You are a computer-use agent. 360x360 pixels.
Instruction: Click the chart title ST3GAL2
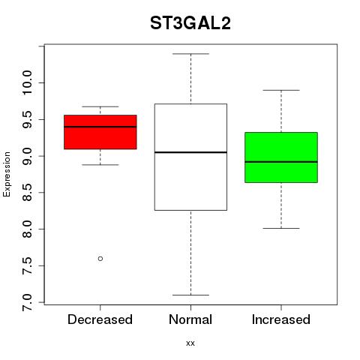(x=190, y=23)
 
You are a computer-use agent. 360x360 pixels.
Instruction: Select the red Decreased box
(x=100, y=132)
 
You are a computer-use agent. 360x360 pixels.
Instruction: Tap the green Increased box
(x=281, y=157)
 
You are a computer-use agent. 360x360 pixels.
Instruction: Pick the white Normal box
(x=190, y=157)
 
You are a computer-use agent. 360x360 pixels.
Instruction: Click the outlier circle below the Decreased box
(x=100, y=259)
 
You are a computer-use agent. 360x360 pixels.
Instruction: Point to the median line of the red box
(x=100, y=127)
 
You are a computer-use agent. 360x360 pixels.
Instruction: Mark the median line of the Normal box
(x=190, y=152)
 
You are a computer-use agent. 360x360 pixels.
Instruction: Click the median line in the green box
(x=281, y=162)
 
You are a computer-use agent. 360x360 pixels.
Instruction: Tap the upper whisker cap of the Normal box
(x=190, y=54)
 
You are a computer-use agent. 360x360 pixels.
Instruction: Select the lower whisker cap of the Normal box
(x=190, y=295)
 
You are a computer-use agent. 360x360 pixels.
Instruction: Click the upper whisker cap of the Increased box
(x=281, y=90)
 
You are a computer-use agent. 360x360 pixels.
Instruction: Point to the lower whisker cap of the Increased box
(x=281, y=228)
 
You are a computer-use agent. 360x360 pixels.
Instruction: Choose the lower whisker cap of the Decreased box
(x=100, y=165)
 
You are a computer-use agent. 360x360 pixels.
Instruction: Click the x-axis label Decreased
(x=100, y=319)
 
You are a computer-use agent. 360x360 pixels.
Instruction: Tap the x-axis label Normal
(x=190, y=319)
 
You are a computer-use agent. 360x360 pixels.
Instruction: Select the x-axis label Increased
(x=281, y=319)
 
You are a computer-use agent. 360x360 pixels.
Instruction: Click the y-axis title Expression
(x=7, y=174)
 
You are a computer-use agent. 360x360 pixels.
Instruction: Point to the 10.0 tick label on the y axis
(x=27, y=82)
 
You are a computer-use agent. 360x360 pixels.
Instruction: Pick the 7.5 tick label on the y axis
(x=27, y=265)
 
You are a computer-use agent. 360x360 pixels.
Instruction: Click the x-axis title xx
(x=190, y=343)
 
